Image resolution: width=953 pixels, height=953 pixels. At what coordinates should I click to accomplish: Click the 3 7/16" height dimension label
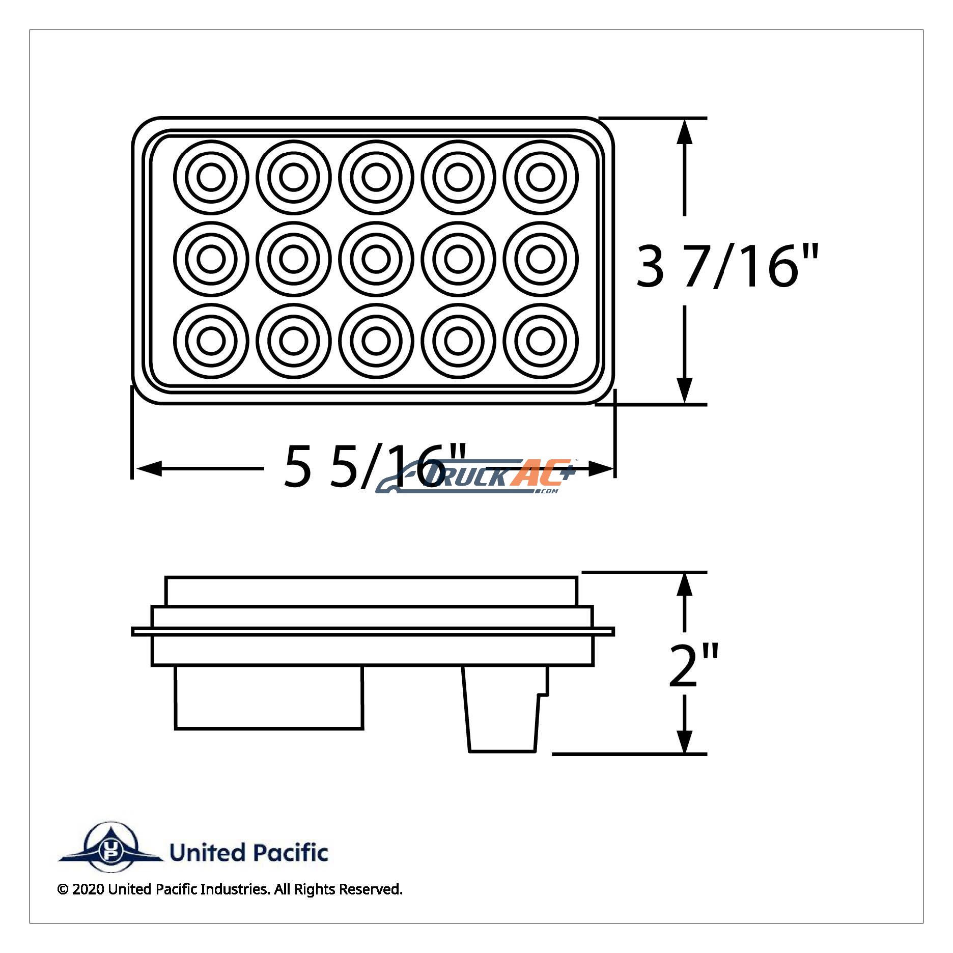coord(727,266)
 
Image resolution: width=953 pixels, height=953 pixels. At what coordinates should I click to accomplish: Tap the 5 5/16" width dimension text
coord(374,466)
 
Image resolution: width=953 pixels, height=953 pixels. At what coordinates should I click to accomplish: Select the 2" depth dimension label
coord(693,664)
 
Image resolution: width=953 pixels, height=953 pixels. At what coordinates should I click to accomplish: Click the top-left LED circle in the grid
coord(211,177)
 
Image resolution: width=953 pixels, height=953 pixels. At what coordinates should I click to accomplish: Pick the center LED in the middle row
coord(376,259)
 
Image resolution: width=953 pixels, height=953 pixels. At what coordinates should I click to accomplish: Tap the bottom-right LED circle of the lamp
coord(541,341)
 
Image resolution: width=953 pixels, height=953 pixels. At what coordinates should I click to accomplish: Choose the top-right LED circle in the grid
coord(541,177)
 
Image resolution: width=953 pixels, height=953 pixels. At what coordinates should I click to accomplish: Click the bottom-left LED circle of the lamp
coord(211,341)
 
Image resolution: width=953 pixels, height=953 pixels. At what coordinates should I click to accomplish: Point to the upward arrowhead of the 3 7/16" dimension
coord(685,133)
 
